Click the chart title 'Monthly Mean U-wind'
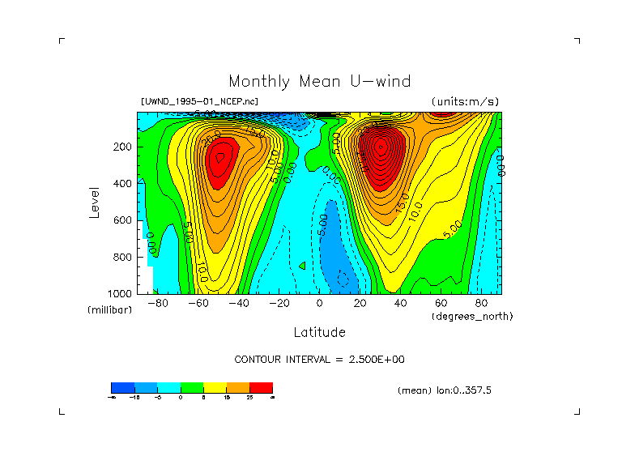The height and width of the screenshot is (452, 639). pos(319,81)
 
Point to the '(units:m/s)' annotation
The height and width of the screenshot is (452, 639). pos(465,101)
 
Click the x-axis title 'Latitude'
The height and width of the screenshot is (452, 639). pos(319,332)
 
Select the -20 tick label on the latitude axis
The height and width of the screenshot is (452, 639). pos(279,303)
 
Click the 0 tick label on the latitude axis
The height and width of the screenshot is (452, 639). pos(319,303)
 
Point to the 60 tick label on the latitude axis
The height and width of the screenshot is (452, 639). pos(441,303)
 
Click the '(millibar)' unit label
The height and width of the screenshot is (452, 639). pos(109,310)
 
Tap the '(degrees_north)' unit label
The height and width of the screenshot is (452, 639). pos(472,316)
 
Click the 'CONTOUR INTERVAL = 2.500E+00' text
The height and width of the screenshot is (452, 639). pos(319,359)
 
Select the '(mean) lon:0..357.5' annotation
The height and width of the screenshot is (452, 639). pos(445,390)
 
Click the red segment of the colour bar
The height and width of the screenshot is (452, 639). pos(261,387)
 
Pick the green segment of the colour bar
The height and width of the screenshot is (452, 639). pos(191,387)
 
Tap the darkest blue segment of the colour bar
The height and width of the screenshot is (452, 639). pos(121,387)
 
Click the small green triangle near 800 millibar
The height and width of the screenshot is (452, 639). pos(302,265)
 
